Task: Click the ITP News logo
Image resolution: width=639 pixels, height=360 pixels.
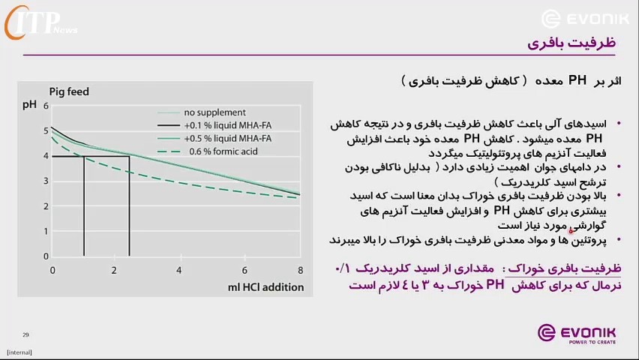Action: click(40, 22)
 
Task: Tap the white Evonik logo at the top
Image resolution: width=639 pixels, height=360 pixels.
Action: click(585, 19)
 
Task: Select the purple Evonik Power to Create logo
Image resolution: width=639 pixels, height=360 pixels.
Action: click(577, 334)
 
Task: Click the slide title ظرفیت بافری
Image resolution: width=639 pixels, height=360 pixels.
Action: click(571, 43)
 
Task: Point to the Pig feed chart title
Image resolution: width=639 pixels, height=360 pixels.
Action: click(69, 91)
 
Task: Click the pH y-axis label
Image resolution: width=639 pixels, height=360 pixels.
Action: click(29, 105)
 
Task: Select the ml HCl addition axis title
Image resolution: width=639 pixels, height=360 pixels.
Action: click(265, 287)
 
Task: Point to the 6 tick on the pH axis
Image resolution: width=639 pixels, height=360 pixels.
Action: click(46, 106)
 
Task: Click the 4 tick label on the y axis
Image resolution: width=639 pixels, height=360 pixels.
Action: click(46, 156)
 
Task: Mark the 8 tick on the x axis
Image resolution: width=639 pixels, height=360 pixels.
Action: click(300, 270)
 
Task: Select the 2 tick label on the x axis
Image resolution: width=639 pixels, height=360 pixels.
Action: click(114, 270)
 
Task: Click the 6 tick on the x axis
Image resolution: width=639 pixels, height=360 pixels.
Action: click(244, 270)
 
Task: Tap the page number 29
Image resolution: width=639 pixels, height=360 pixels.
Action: click(25, 334)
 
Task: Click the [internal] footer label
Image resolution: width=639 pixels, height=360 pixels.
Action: click(19, 352)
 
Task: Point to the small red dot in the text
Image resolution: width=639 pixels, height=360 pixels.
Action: click(571, 231)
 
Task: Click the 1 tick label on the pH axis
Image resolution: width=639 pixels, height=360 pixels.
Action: click(46, 231)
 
